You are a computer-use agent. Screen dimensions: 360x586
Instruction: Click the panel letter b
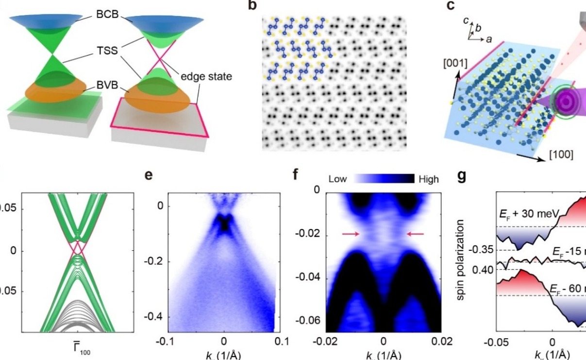pyautogui.click(x=265, y=6)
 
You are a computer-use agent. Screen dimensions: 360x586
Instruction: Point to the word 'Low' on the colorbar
pyautogui.click(x=338, y=179)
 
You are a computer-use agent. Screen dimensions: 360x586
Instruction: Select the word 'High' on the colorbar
pyautogui.click(x=428, y=179)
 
